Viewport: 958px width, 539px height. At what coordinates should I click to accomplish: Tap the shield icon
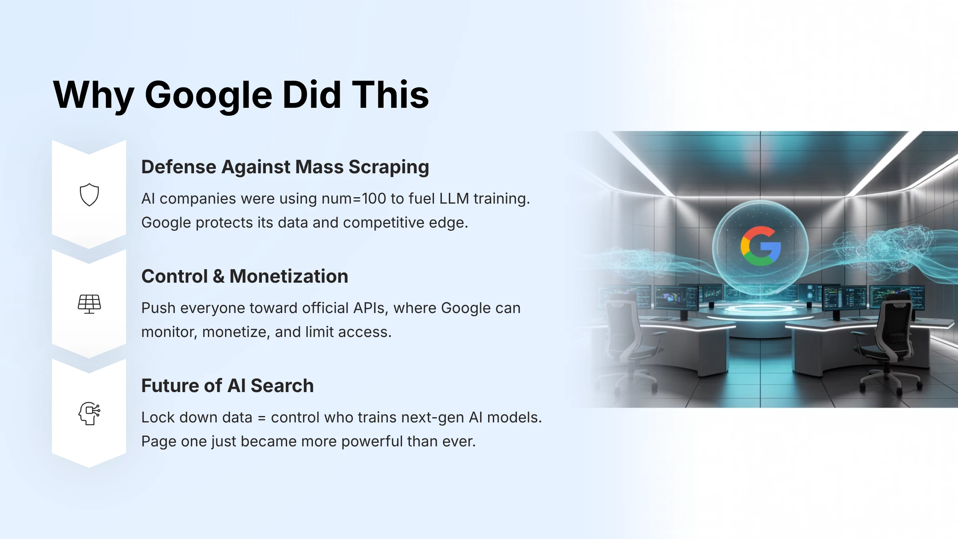click(89, 195)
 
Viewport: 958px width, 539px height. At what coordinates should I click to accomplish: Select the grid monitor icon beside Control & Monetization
click(89, 304)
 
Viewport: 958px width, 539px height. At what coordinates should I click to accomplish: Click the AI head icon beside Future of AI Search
click(89, 413)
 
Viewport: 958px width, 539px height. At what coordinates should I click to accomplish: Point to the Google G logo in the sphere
click(760, 246)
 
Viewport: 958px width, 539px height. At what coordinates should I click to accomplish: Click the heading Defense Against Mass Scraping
click(285, 167)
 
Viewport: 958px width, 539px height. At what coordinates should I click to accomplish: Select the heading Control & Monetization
click(245, 276)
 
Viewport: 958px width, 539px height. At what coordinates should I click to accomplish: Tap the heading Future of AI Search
click(228, 386)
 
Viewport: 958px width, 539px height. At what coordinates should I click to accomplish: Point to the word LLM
click(454, 199)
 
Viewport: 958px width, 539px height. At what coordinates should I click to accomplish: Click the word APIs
click(370, 308)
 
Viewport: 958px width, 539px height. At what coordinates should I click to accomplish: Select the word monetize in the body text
click(235, 332)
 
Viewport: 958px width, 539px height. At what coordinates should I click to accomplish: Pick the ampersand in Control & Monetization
click(218, 276)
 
